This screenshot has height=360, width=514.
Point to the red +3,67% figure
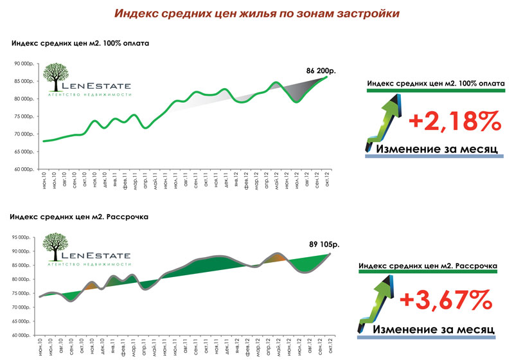pos(447,300)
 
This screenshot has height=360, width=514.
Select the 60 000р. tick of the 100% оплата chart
pos(22,170)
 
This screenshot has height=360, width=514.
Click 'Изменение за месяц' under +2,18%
pos(436,148)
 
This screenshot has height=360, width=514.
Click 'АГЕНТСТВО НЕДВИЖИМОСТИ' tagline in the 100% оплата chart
pos(90,94)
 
